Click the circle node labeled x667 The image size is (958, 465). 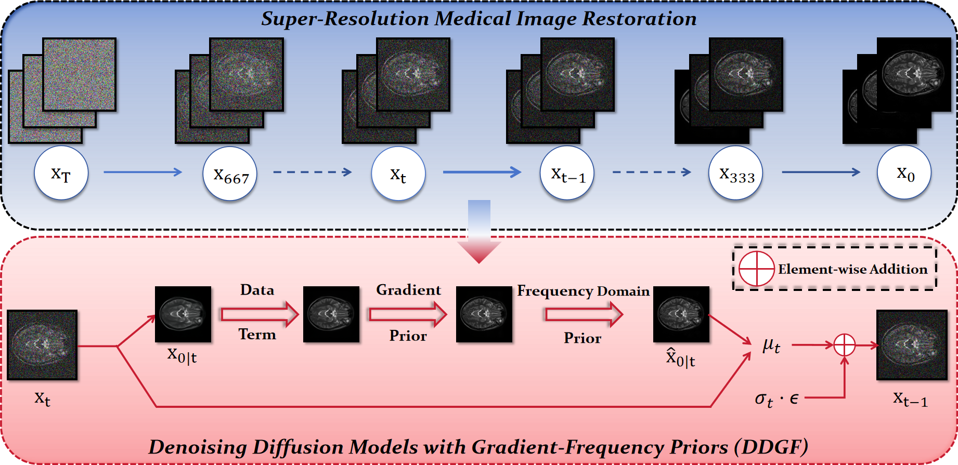[230, 174]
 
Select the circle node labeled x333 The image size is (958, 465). [735, 174]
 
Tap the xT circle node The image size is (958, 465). [61, 173]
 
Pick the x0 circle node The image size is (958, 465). [904, 172]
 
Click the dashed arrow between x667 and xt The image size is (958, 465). [313, 172]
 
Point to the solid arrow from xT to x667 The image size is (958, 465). [143, 172]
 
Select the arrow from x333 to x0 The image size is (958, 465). [821, 172]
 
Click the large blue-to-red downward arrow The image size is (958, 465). [479, 231]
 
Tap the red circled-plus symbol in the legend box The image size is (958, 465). [757, 269]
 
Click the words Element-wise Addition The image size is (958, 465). [852, 269]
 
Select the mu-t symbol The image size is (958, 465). [771, 345]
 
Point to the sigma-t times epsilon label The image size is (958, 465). [776, 399]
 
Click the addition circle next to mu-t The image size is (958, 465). [844, 345]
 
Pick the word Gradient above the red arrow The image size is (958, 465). [408, 290]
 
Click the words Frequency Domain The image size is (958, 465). [583, 291]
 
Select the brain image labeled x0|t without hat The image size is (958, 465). [183, 314]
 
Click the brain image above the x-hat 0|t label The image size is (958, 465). [681, 314]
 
